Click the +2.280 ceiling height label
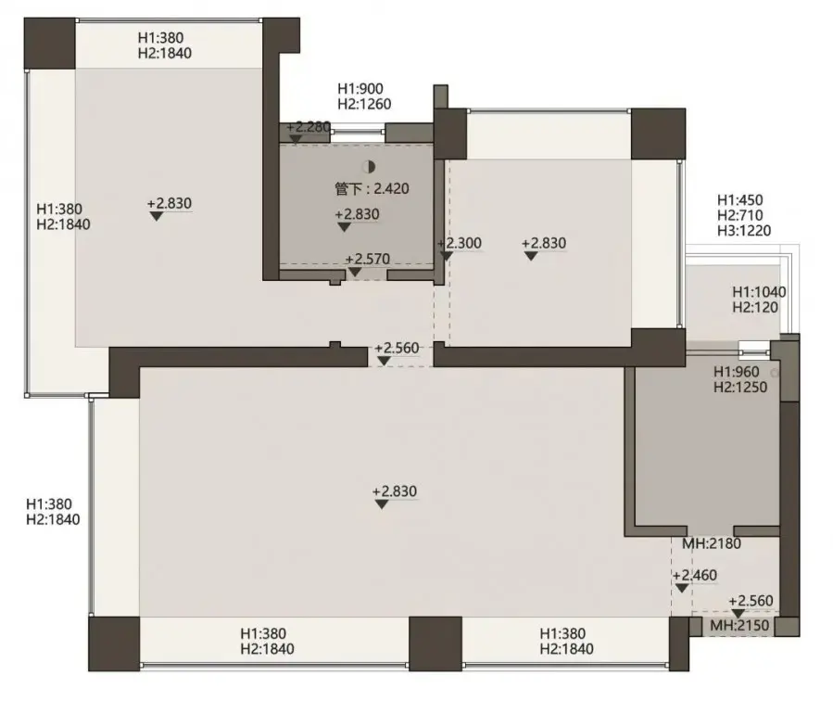coord(309,128)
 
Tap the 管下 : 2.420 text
coord(372,188)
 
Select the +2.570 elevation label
coord(368,259)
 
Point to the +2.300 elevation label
coord(460,244)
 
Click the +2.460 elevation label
coord(695,576)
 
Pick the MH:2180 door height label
coord(712,543)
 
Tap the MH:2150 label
coord(739,626)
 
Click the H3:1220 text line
coord(744,230)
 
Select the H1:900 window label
coord(360,88)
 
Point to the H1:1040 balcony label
coord(759,292)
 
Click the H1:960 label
coord(737,372)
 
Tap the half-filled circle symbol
coord(369,167)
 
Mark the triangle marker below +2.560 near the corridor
coord(384,362)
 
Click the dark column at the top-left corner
coord(49,44)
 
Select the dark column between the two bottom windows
coord(435,644)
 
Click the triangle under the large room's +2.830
coord(382,504)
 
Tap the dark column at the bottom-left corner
coord(114,644)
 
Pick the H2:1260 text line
coord(364,104)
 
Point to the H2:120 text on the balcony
coord(755,307)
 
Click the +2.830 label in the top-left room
coord(170,204)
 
